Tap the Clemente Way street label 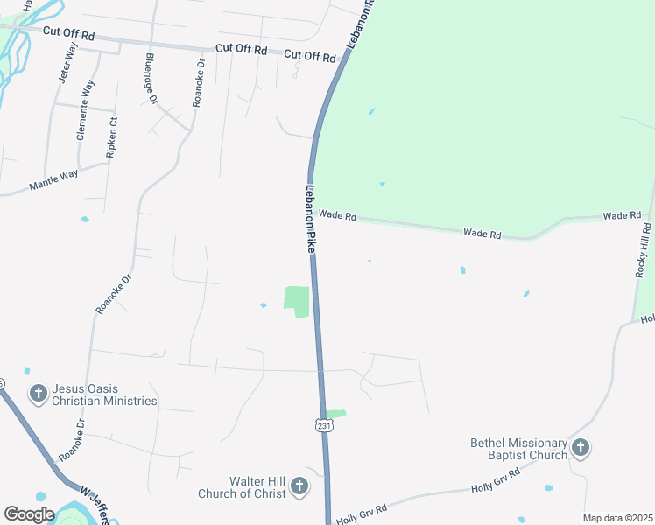(86, 110)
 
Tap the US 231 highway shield (324, 425)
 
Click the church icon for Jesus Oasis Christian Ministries (38, 394)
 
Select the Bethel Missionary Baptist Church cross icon (580, 449)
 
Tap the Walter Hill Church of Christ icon (299, 486)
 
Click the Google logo (29, 514)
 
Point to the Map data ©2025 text (616, 518)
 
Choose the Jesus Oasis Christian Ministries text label (104, 395)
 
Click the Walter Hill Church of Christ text (257, 487)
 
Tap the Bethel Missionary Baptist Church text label (519, 449)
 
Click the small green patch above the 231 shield (335, 414)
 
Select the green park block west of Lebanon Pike (297, 301)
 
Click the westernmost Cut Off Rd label (68, 34)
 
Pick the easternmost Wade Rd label (623, 215)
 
